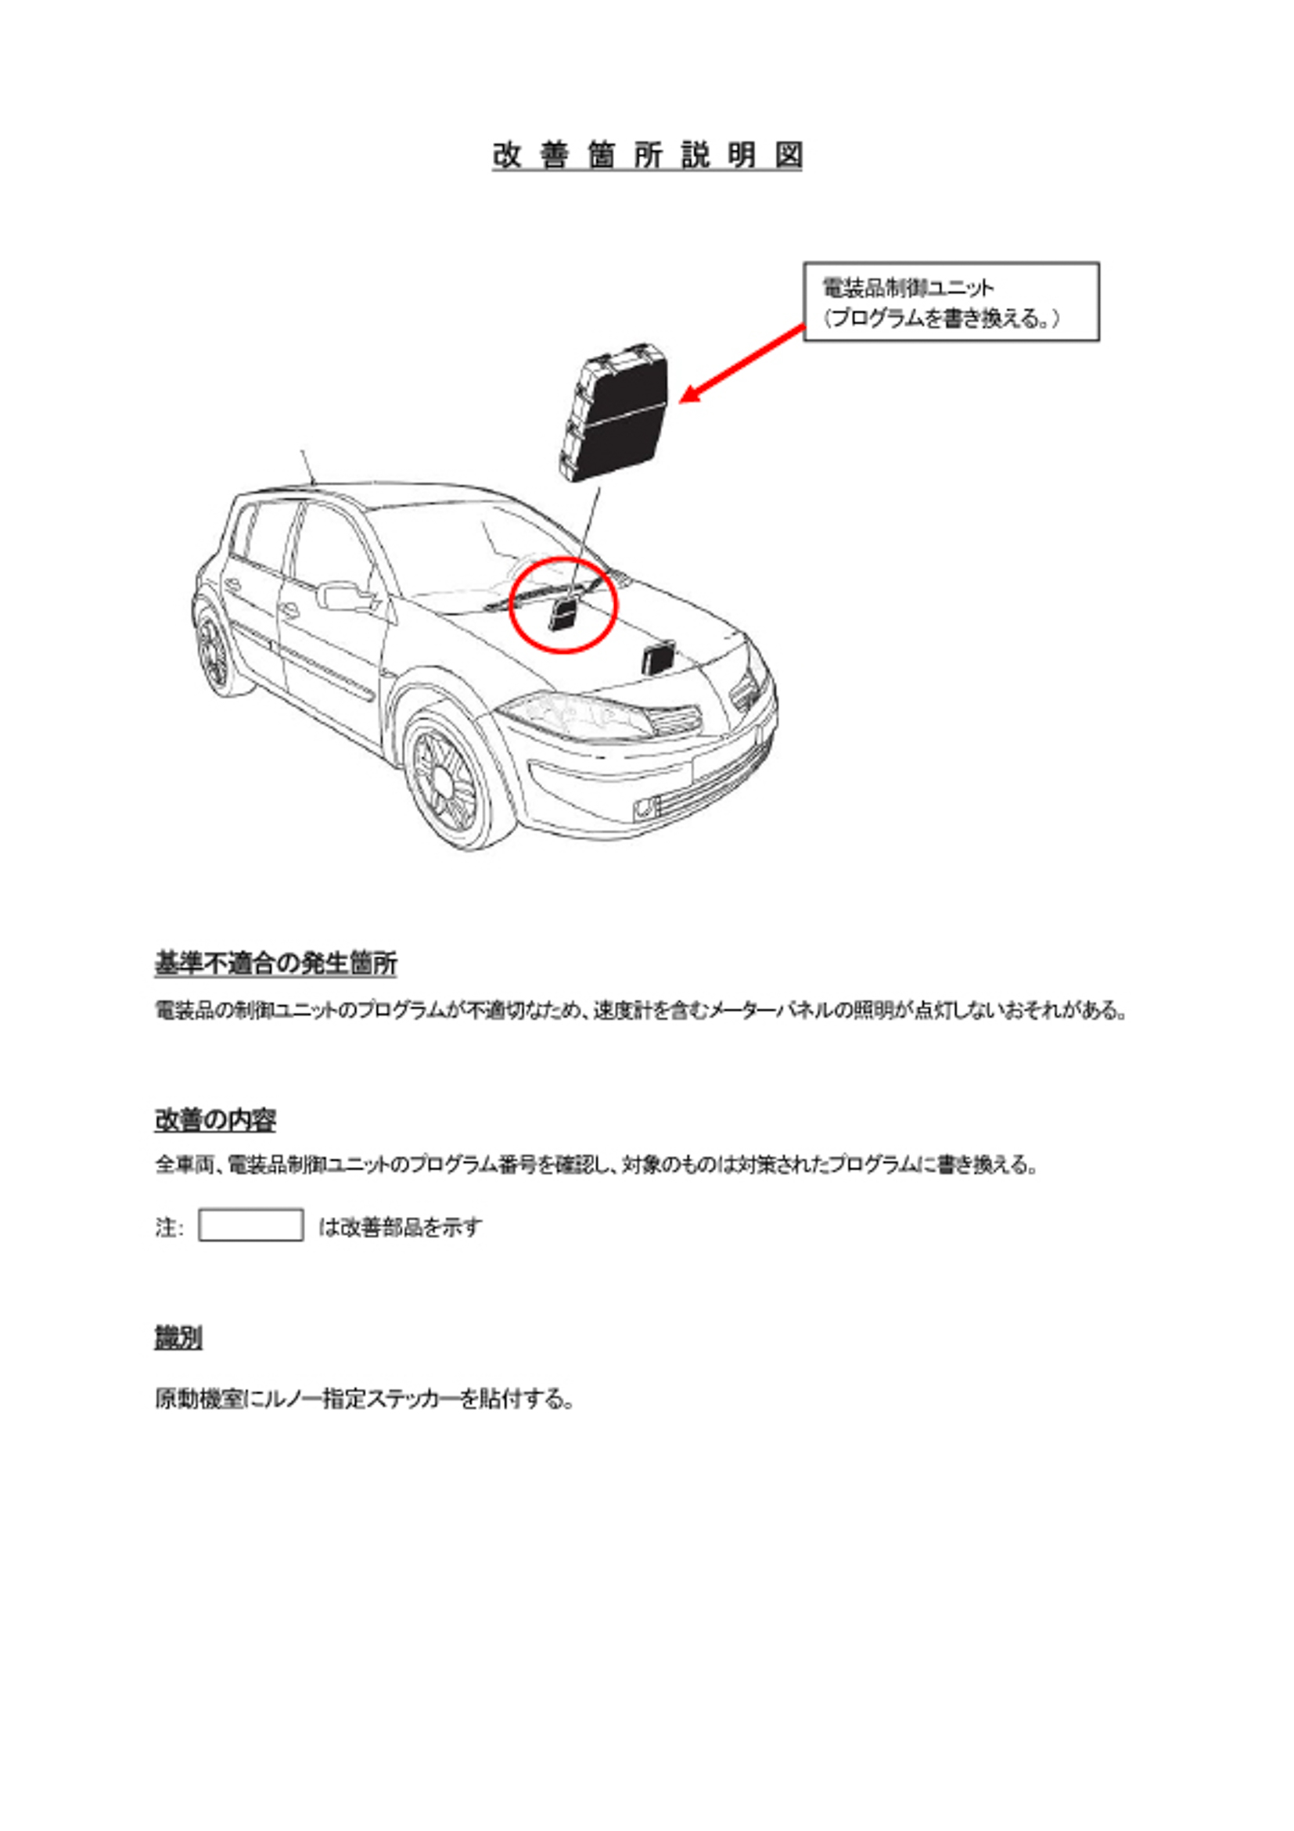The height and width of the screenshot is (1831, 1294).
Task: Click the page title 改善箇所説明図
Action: coord(647,156)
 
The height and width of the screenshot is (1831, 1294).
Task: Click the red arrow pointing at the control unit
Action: coord(742,363)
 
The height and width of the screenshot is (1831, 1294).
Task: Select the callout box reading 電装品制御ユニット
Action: coord(951,301)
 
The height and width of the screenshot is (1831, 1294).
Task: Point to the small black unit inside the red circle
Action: coord(563,615)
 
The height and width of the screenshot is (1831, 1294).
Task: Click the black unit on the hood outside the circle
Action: coord(659,655)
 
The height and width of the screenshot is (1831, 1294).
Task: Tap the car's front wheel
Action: coord(449,780)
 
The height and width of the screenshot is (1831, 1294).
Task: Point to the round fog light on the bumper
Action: coord(644,810)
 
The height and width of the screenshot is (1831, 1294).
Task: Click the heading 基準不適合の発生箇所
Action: coord(275,964)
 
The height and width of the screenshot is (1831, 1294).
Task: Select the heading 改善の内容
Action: coord(214,1120)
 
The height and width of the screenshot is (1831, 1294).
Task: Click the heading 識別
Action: coord(178,1337)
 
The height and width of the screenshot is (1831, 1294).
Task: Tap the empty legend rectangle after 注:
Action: coord(250,1225)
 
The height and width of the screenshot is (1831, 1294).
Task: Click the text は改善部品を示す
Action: coord(400,1226)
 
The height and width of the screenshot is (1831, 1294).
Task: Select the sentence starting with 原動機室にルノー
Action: coord(365,1398)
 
